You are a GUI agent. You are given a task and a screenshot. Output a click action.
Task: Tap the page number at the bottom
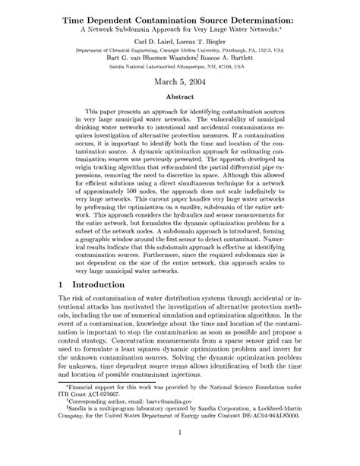coord(180,455)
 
